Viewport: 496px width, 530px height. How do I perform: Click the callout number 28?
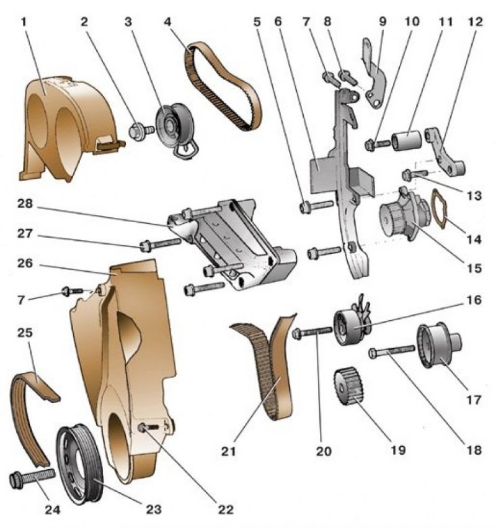click(x=25, y=204)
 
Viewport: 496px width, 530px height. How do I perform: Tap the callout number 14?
click(x=474, y=240)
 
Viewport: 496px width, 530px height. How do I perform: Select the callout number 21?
click(x=229, y=451)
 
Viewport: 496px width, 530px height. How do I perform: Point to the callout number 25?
click(x=25, y=333)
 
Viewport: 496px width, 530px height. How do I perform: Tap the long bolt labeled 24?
click(x=32, y=478)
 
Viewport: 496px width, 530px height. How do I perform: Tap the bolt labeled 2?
click(x=142, y=130)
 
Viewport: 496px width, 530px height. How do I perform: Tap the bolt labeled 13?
click(x=415, y=174)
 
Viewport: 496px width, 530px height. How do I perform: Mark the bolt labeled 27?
click(x=161, y=244)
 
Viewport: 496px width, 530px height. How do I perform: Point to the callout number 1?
click(x=24, y=22)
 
